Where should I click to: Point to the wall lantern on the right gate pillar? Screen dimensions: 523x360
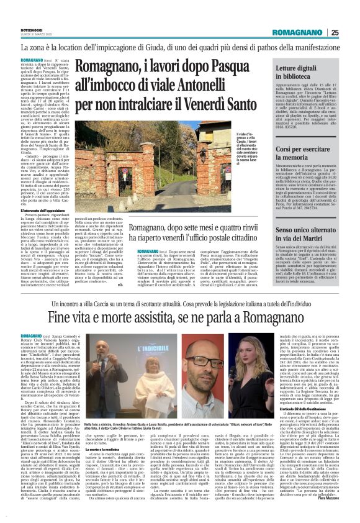coord(204,148)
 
